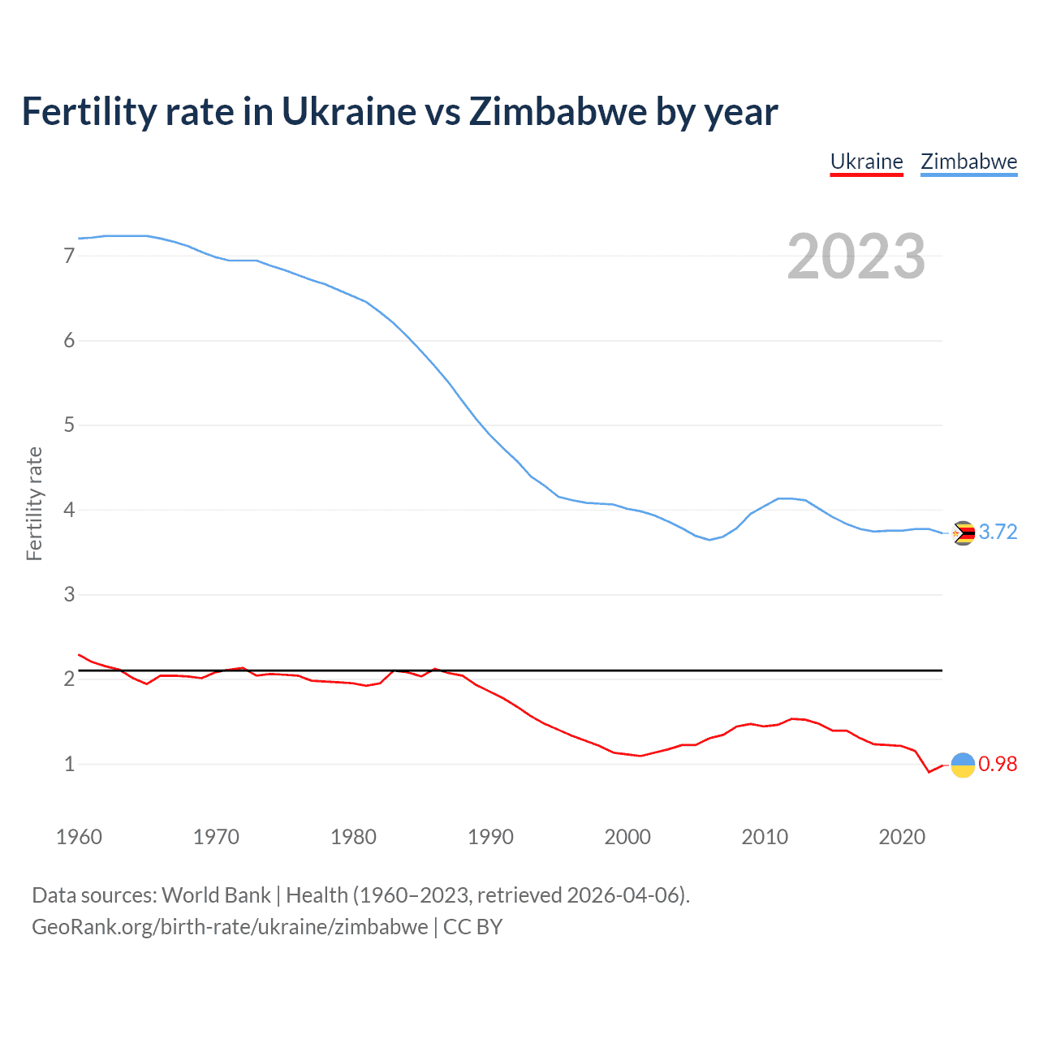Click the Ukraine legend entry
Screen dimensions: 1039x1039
pyautogui.click(x=866, y=162)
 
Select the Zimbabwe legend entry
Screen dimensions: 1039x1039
pyautogui.click(x=968, y=162)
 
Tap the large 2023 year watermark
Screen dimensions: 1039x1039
pyautogui.click(x=856, y=257)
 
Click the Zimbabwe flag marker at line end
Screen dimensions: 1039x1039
pyautogui.click(x=963, y=532)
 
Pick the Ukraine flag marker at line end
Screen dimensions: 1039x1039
pyautogui.click(x=963, y=765)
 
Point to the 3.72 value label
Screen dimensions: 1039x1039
pyautogui.click(x=998, y=532)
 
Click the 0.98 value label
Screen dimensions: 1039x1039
pyautogui.click(x=998, y=764)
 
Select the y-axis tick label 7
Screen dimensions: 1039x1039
pyautogui.click(x=69, y=256)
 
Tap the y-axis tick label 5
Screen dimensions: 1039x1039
pyautogui.click(x=69, y=425)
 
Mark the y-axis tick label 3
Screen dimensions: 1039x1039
pyautogui.click(x=69, y=595)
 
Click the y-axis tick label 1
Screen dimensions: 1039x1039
pyautogui.click(x=69, y=764)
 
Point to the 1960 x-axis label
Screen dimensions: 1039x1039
pyautogui.click(x=79, y=837)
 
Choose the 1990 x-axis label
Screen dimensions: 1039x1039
pyautogui.click(x=490, y=837)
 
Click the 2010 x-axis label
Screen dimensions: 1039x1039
pyautogui.click(x=765, y=837)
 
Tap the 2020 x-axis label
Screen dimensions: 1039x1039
pyautogui.click(x=902, y=837)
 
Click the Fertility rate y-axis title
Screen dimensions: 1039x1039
pyautogui.click(x=34, y=503)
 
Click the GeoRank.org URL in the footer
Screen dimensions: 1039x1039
pyautogui.click(x=230, y=926)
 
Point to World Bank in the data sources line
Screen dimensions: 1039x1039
pyautogui.click(x=216, y=895)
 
